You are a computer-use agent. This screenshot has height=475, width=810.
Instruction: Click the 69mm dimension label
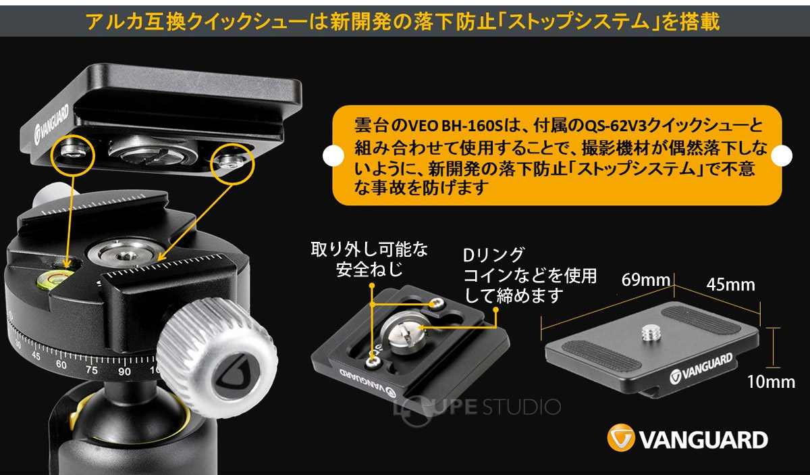(x=646, y=280)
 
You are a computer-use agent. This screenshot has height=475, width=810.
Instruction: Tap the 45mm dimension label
(x=731, y=285)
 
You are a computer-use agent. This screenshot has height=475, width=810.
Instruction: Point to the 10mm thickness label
(x=771, y=382)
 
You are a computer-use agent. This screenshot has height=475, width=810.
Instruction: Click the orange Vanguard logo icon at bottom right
(x=621, y=437)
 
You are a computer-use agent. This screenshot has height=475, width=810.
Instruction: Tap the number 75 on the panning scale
(x=92, y=370)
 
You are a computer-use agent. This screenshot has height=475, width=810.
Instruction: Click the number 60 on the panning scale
(x=61, y=364)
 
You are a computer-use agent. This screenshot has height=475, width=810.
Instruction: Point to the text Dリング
(x=493, y=255)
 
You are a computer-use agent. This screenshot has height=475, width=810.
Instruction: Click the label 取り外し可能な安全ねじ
(x=369, y=259)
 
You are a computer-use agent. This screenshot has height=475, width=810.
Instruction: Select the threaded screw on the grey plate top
(x=651, y=333)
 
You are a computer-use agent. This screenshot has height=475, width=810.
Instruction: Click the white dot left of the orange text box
(x=333, y=155)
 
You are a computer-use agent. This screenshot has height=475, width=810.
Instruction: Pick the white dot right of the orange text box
(x=782, y=155)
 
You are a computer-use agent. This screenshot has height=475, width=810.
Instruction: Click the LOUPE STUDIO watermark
(x=477, y=408)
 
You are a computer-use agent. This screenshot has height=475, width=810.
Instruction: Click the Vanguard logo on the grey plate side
(x=701, y=368)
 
